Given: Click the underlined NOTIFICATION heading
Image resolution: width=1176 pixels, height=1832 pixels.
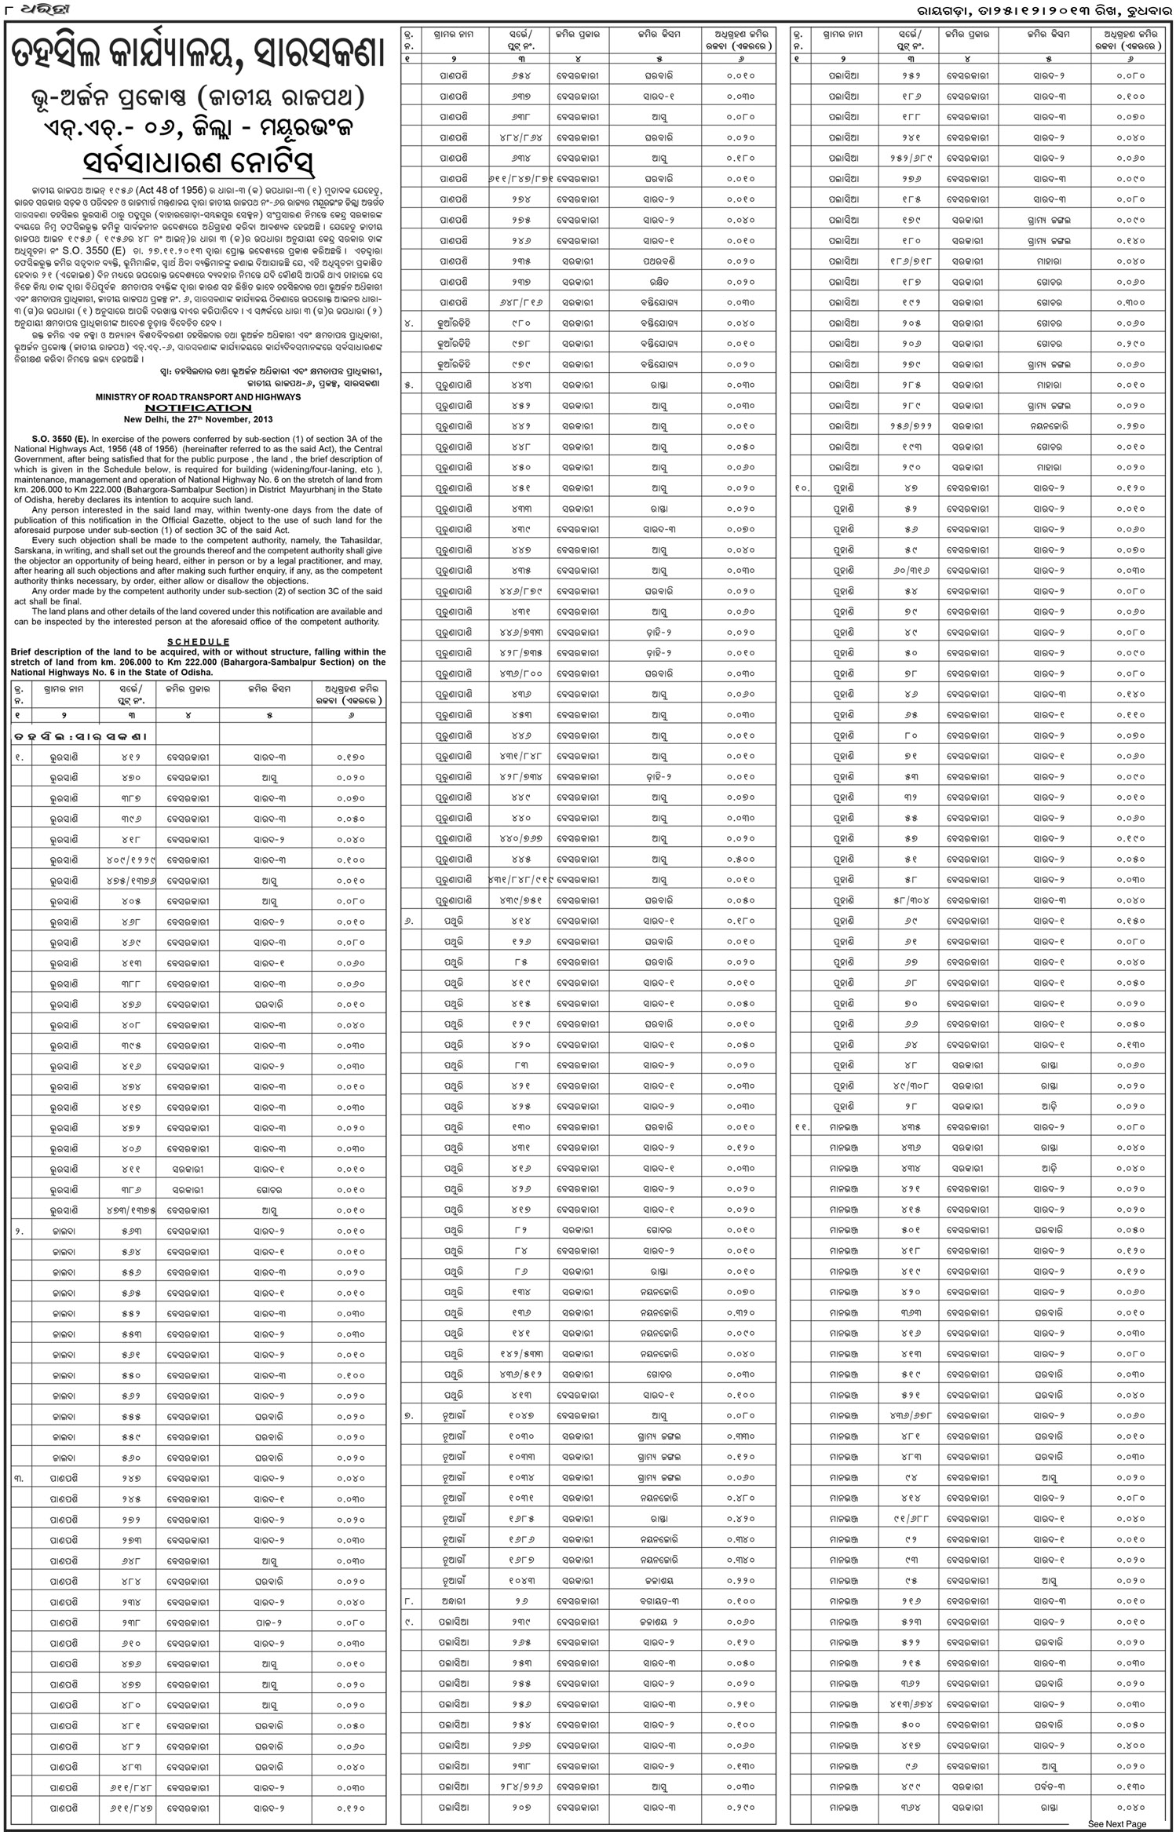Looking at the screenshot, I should [198, 408].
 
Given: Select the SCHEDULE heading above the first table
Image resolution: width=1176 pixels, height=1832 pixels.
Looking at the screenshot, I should [198, 641].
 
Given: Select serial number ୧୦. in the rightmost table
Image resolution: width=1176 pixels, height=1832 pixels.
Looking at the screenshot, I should [802, 488].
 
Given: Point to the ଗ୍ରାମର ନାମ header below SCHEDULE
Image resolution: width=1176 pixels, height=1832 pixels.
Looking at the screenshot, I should [64, 689].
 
